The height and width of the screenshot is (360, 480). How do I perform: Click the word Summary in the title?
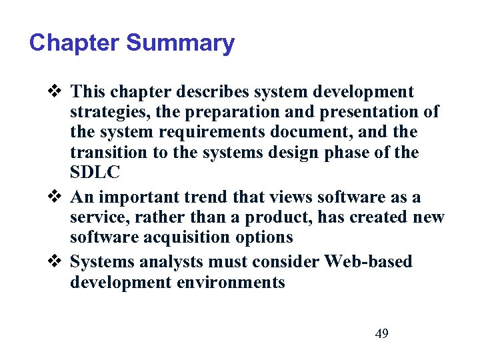click(x=180, y=43)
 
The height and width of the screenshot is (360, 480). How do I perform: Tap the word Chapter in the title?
click(x=75, y=43)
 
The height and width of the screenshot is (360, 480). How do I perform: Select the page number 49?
click(x=381, y=333)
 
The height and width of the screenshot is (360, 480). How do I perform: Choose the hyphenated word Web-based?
click(x=369, y=261)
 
